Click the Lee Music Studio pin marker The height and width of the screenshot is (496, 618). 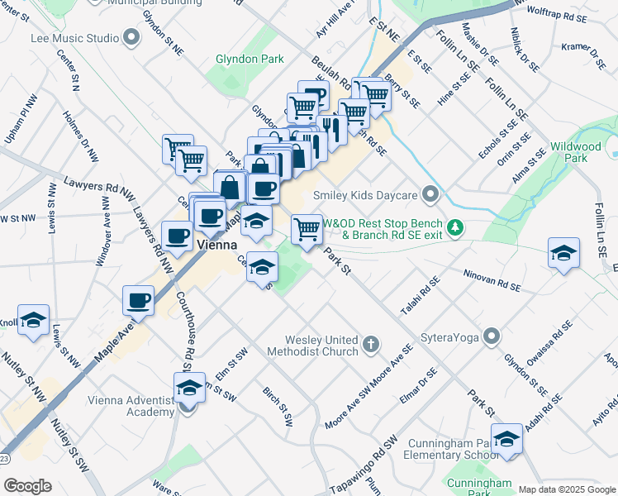[131, 37]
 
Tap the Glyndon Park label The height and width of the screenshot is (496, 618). [250, 59]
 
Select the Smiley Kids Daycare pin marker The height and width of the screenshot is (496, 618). [429, 195]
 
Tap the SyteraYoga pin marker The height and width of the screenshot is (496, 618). [492, 336]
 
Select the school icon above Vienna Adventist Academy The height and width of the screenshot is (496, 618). [189, 387]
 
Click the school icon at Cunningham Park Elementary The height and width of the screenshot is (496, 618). [506, 438]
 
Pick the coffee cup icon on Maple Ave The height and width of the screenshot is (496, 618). [138, 299]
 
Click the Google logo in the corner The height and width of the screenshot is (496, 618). [27, 486]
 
